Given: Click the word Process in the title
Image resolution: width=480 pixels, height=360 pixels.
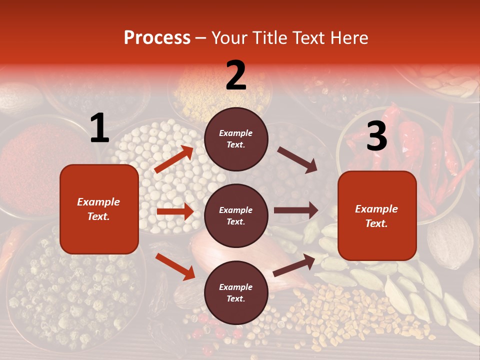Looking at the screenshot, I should click(157, 38).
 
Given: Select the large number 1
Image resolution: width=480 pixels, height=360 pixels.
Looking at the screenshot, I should click(99, 128).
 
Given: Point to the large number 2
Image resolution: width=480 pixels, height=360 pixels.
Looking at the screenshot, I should click(236, 75).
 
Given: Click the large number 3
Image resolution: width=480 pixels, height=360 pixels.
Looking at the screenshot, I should click(376, 136).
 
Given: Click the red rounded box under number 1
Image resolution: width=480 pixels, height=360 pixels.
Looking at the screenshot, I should click(99, 209).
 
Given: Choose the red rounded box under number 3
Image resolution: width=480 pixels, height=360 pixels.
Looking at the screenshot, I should click(377, 216).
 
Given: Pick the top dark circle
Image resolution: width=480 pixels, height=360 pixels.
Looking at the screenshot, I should click(236, 139).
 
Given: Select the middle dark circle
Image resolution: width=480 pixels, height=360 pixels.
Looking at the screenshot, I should click(236, 216).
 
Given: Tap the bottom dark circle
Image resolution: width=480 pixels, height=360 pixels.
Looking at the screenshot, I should click(236, 293).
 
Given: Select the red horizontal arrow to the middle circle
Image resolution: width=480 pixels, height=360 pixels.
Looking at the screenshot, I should click(175, 211).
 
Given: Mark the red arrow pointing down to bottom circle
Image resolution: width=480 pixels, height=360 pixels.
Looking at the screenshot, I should click(175, 266).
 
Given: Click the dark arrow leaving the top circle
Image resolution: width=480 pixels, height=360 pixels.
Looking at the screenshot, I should click(297, 159).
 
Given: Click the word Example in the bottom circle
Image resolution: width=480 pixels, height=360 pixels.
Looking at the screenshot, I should click(236, 287).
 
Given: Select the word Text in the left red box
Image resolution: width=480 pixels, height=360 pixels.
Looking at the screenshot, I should click(98, 216).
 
